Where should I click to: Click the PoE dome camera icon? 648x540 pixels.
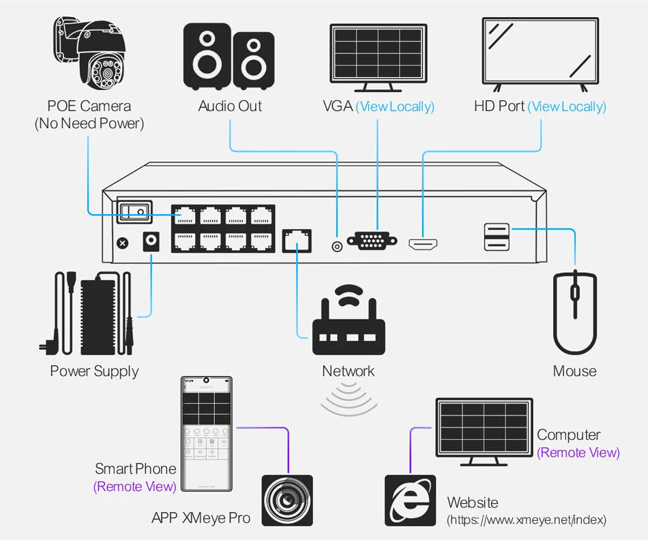click(x=89, y=53)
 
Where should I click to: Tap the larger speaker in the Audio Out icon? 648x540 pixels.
click(x=207, y=57)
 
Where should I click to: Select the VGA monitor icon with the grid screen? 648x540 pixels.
click(x=378, y=58)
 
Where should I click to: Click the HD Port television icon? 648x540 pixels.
click(x=540, y=54)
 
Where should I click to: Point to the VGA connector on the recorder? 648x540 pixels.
click(x=372, y=241)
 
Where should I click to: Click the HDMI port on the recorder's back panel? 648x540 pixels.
click(x=423, y=244)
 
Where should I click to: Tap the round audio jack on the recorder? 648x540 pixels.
click(x=337, y=247)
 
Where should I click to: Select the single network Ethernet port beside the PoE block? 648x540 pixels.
click(x=297, y=241)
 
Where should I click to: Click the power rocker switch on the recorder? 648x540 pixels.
click(x=135, y=211)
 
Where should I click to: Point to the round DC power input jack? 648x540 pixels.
click(x=151, y=241)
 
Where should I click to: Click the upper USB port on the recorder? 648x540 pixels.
click(x=497, y=230)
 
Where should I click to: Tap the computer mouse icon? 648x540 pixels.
click(x=575, y=312)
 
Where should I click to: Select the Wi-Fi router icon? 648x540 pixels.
click(x=349, y=320)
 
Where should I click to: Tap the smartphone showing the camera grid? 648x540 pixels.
click(x=207, y=434)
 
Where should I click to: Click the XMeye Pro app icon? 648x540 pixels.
click(x=287, y=500)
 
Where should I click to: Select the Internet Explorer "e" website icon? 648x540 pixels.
click(x=411, y=500)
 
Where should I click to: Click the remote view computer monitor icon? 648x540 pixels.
click(x=484, y=432)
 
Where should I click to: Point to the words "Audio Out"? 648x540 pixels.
click(x=230, y=106)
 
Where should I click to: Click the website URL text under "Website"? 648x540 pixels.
click(x=527, y=520)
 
